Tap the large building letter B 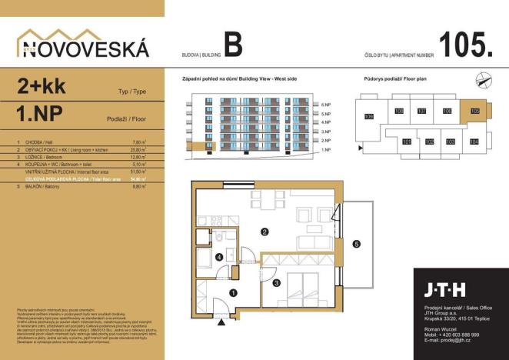pos(233,45)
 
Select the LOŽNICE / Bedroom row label pos(51,157)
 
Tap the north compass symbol pos(484,77)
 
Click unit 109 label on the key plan pos(368,117)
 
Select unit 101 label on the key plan pos(407,142)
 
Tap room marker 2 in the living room pos(264,231)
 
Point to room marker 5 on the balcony pos(355,245)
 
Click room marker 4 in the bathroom pos(220,257)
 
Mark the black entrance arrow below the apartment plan pos(223,324)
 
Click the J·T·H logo pos(445,290)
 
